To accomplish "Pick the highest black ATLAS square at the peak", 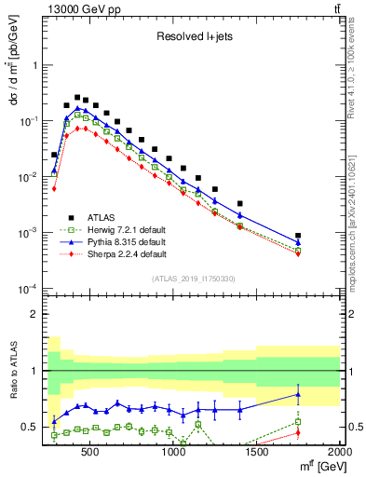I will pyautogui.click(x=77, y=96).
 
